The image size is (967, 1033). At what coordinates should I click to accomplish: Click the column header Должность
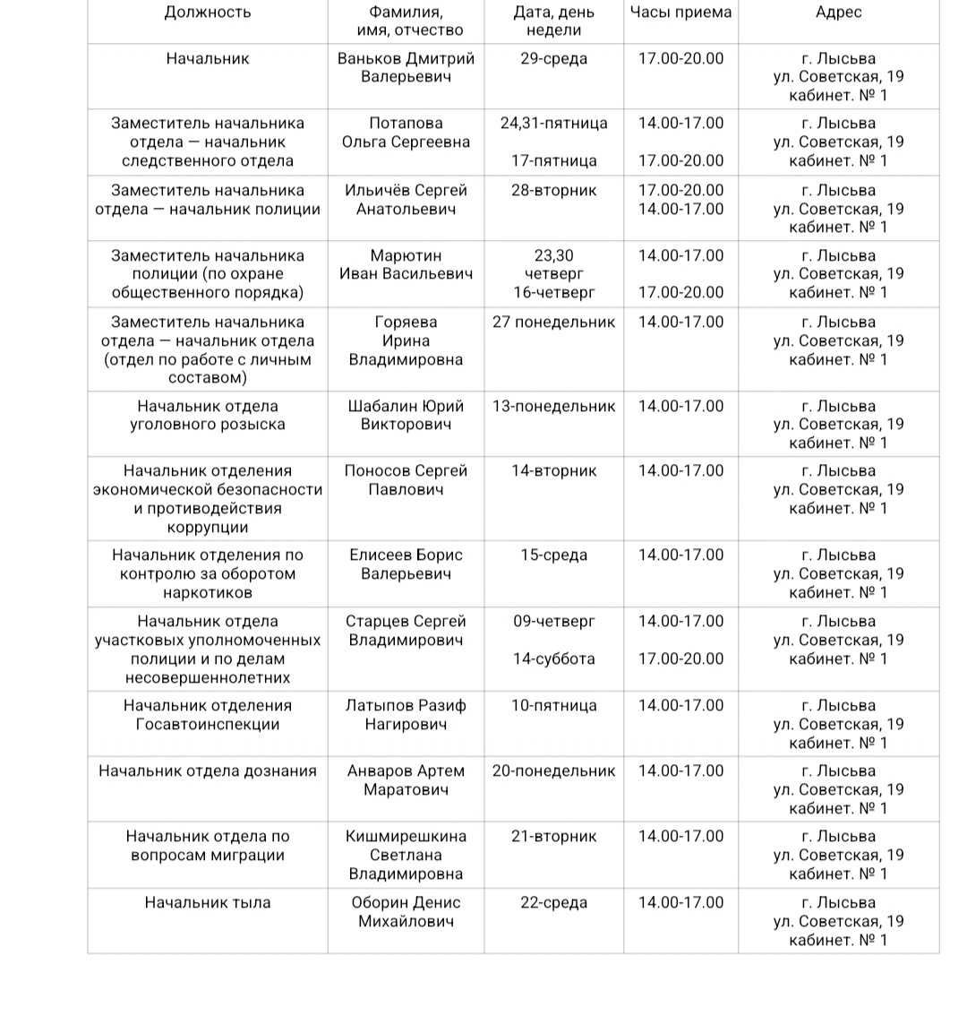208,12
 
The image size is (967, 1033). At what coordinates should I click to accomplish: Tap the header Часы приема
680,12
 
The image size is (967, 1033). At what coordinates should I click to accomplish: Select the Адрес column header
839,12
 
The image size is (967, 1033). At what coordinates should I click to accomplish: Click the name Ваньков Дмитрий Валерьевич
406,67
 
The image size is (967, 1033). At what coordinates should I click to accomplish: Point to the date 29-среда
553,58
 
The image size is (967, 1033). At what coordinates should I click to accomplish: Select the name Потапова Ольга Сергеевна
406,133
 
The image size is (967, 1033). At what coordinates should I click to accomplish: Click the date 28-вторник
553,190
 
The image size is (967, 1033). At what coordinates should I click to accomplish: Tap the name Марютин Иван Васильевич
406,264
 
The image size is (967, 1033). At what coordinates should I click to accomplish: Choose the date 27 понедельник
553,322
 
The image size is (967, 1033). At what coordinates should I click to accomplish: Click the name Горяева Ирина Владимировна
406,340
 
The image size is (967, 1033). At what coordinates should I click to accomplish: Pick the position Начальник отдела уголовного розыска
208,415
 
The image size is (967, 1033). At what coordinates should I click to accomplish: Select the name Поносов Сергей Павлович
406,480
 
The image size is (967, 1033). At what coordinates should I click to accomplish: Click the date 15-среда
553,555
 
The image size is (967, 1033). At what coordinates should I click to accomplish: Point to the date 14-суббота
553,659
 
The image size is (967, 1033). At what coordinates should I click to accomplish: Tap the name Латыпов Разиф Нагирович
406,715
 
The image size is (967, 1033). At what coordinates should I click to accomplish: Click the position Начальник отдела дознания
208,770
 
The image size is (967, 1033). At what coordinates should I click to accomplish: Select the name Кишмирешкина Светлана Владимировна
406,855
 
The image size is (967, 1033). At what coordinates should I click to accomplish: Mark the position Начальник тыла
208,902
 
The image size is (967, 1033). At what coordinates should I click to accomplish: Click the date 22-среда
553,902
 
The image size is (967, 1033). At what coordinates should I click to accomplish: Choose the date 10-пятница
553,705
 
